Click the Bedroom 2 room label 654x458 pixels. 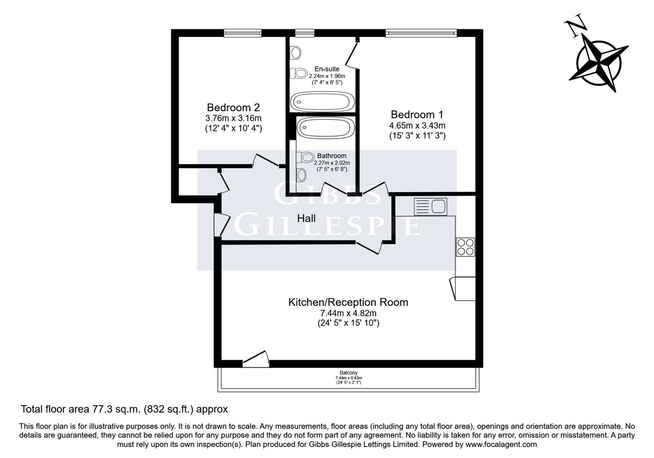tap(233, 108)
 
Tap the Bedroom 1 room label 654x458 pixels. tap(417, 114)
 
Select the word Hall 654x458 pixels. tap(306, 218)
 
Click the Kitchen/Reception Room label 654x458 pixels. tap(348, 302)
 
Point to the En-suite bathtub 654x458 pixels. tap(323, 102)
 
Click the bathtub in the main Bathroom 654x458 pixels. tap(326, 128)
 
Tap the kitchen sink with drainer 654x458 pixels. tap(430, 207)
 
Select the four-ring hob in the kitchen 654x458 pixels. tap(466, 247)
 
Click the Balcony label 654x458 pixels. tap(349, 373)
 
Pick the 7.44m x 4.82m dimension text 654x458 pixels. tap(348, 313)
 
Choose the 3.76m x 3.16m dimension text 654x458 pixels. tap(233, 118)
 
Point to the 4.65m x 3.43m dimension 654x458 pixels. tap(417, 126)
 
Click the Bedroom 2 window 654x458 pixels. tap(243, 33)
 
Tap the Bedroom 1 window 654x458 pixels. tap(421, 33)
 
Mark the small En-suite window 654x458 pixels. tap(305, 33)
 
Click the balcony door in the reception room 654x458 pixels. tap(256, 359)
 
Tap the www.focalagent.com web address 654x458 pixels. tap(501, 445)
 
